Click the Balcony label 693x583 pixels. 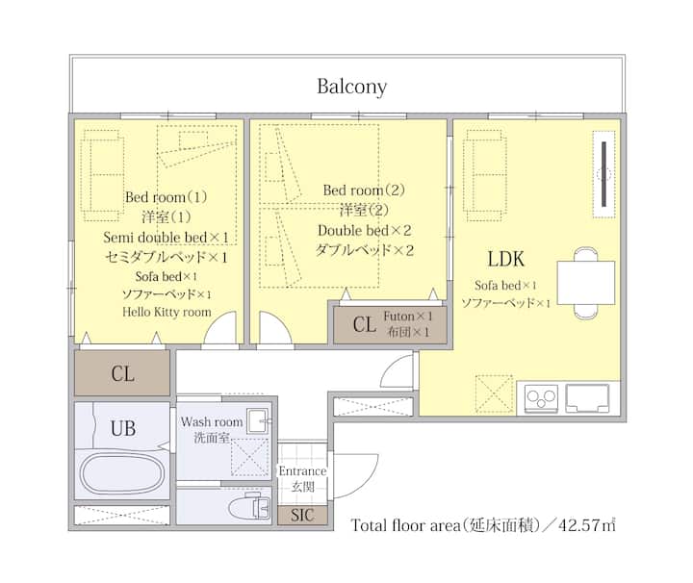click(x=352, y=87)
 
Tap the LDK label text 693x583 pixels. click(x=505, y=259)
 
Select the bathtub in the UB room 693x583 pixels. click(x=122, y=473)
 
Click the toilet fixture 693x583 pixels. click(x=249, y=507)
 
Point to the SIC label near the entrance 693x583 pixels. click(x=302, y=515)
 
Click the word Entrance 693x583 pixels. click(x=302, y=470)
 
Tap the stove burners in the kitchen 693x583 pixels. click(x=541, y=399)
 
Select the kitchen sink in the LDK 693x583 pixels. click(x=588, y=398)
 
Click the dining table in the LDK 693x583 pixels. click(x=585, y=283)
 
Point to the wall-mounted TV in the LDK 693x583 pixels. click(x=603, y=173)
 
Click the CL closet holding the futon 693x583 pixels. click(x=390, y=324)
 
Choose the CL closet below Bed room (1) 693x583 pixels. click(x=122, y=373)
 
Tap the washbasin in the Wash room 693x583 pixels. click(x=258, y=421)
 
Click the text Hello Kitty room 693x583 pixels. click(x=167, y=312)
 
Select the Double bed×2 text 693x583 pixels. click(x=365, y=230)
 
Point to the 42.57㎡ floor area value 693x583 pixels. click(x=587, y=525)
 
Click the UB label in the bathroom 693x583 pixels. click(x=123, y=428)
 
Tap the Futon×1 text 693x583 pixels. click(x=408, y=317)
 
